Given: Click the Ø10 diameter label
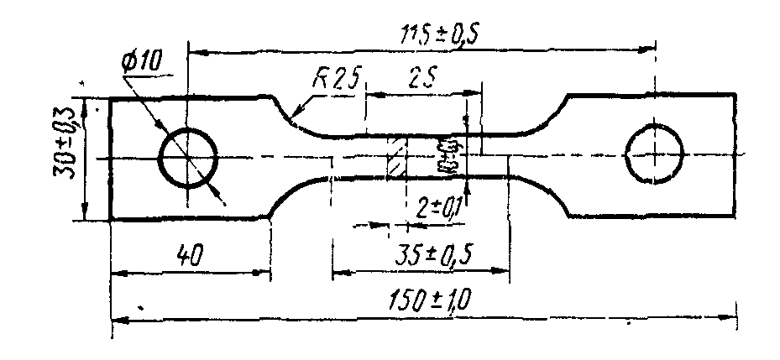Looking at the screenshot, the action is point(144,61).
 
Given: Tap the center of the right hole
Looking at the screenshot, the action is point(654,154).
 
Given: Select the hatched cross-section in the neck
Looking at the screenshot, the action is point(396,157).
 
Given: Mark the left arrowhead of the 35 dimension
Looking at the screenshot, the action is point(338,272).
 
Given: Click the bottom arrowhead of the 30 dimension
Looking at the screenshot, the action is point(86,213).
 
